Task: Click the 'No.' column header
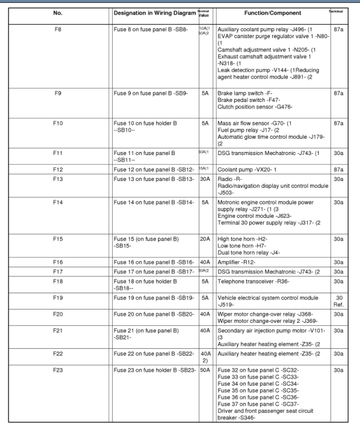[x=58, y=13]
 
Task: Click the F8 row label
[x=58, y=29]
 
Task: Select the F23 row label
[x=58, y=370]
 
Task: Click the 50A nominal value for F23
[x=205, y=370]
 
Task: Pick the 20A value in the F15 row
[x=205, y=238]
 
